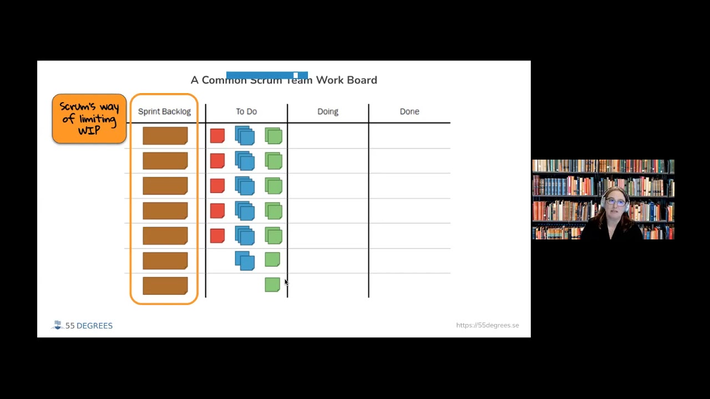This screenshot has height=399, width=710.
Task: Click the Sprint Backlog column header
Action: tap(164, 111)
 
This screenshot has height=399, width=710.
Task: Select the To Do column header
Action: tap(246, 111)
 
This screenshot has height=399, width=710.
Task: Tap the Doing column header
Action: tap(328, 111)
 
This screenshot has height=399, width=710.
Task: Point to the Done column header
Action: tap(409, 111)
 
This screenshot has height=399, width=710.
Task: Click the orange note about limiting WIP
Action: tap(89, 119)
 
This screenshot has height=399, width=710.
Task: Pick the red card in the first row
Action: tap(217, 136)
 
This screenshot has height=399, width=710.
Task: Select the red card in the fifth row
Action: tap(217, 236)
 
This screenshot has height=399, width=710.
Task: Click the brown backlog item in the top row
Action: tap(165, 136)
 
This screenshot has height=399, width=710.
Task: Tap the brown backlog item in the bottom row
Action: tap(165, 285)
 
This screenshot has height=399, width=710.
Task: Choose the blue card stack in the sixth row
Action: tap(245, 260)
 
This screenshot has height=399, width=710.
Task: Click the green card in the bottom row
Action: tap(272, 284)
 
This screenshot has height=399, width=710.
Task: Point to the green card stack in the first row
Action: tap(273, 136)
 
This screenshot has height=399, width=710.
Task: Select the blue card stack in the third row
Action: tap(245, 186)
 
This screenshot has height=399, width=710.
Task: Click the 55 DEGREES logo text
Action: tap(89, 325)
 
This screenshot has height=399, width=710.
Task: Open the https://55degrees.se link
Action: tap(488, 325)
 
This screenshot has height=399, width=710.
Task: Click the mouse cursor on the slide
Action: tap(286, 283)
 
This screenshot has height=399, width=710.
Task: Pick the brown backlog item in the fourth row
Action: tap(165, 211)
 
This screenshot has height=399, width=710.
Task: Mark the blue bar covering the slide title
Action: tap(267, 75)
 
